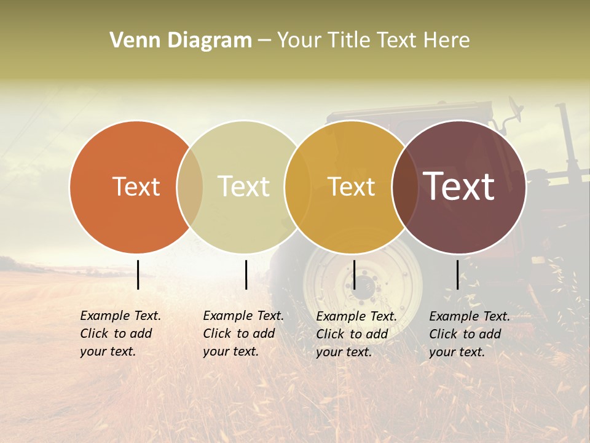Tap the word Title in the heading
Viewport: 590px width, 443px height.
click(349, 41)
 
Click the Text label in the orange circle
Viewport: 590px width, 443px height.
click(136, 186)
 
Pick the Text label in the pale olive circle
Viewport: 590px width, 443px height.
click(244, 186)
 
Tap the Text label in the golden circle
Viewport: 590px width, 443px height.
click(351, 186)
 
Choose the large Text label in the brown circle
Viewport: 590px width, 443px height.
click(459, 186)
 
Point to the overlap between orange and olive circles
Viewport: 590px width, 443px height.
click(190, 186)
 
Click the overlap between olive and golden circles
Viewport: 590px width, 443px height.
click(297, 186)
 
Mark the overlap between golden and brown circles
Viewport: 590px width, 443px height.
click(405, 186)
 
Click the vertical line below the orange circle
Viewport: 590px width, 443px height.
click(138, 274)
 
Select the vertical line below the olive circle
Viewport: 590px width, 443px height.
click(246, 274)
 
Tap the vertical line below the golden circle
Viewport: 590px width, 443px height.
click(354, 274)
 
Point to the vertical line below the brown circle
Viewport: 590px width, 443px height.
click(458, 274)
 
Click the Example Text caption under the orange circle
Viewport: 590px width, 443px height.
click(120, 333)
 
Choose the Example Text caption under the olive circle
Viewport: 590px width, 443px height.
click(243, 333)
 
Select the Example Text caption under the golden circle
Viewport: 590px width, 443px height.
click(356, 334)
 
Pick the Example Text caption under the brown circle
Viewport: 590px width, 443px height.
click(470, 334)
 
